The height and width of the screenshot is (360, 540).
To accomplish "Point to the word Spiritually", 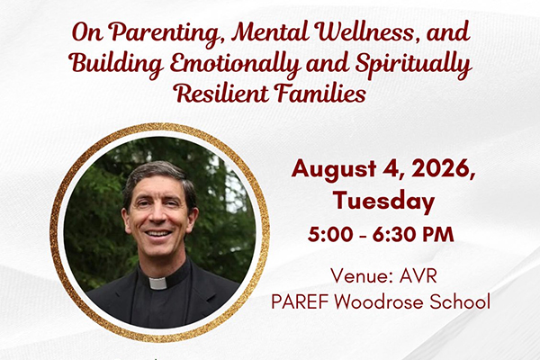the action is [412, 65].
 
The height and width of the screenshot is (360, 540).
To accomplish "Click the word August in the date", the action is [329, 169].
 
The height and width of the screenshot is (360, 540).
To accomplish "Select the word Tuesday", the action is [384, 202].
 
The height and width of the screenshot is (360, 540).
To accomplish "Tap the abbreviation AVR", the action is [418, 276].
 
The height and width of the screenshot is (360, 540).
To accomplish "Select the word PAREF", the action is [300, 301].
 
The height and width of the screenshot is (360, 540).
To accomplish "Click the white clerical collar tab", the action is [158, 283].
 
